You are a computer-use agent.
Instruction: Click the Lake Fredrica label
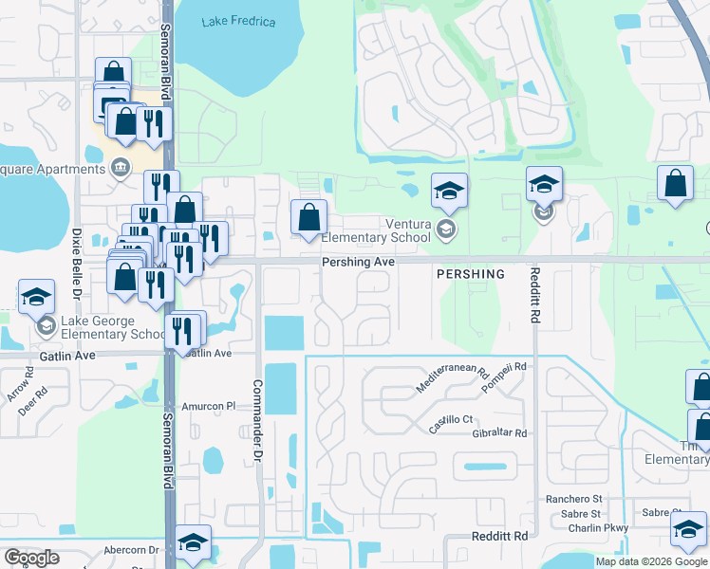[238, 21]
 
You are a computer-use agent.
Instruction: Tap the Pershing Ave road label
[358, 261]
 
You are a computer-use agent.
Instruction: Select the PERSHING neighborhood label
[470, 273]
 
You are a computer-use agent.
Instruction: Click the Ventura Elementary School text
[395, 230]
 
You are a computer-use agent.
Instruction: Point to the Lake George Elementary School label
[113, 327]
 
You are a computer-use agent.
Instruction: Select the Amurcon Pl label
[207, 405]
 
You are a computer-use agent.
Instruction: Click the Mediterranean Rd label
[452, 381]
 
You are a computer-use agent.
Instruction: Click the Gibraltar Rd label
[499, 432]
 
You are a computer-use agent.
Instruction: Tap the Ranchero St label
[572, 499]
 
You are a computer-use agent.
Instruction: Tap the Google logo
[31, 558]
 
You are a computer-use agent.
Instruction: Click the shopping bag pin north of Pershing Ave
[309, 217]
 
